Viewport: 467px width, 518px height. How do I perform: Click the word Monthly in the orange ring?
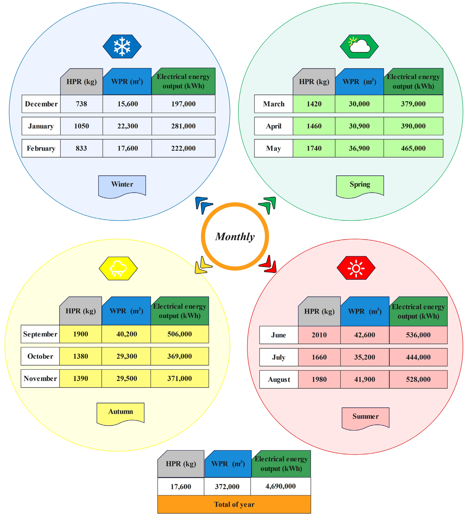tap(235, 236)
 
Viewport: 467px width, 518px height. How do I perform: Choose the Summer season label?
tap(365, 416)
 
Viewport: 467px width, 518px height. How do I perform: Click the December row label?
tap(41, 104)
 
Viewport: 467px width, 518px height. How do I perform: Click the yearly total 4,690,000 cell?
tap(280, 486)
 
